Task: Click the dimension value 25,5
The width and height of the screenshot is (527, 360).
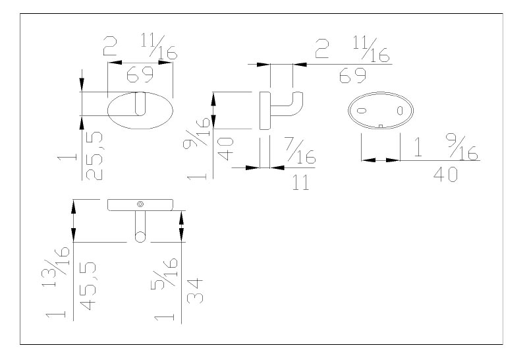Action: click(x=94, y=156)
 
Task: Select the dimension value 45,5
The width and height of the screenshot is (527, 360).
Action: click(x=88, y=286)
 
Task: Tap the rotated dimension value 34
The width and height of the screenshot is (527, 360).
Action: click(x=195, y=291)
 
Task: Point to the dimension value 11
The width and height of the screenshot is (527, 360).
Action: click(x=300, y=183)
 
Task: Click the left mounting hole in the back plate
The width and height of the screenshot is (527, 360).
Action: click(x=361, y=110)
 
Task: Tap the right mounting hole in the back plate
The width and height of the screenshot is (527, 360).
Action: click(x=400, y=110)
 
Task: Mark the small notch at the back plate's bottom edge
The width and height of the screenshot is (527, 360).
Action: click(x=381, y=127)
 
